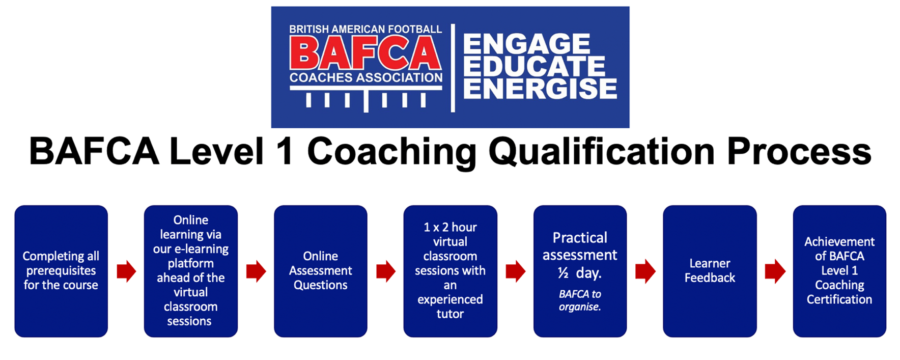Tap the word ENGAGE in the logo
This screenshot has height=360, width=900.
[x=527, y=44]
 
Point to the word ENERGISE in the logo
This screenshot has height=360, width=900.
[x=540, y=89]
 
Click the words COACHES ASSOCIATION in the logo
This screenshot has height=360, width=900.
[x=366, y=78]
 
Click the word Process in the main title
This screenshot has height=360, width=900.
[x=799, y=152]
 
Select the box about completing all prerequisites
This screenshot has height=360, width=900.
[x=61, y=271]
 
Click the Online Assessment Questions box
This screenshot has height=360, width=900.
[x=321, y=271]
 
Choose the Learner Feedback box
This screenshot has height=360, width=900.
[x=710, y=271]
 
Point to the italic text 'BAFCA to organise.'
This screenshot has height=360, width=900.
[x=580, y=300]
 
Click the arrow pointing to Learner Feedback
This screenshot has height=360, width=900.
[x=645, y=271]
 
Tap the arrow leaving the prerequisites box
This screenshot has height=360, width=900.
[x=126, y=271]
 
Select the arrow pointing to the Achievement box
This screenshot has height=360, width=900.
[x=775, y=271]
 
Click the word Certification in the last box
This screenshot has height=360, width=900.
[x=839, y=299]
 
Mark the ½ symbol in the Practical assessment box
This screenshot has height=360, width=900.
[x=563, y=273]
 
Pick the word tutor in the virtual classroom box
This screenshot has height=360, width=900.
[x=450, y=314]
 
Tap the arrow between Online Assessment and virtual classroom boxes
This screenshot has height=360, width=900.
[x=386, y=271]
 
